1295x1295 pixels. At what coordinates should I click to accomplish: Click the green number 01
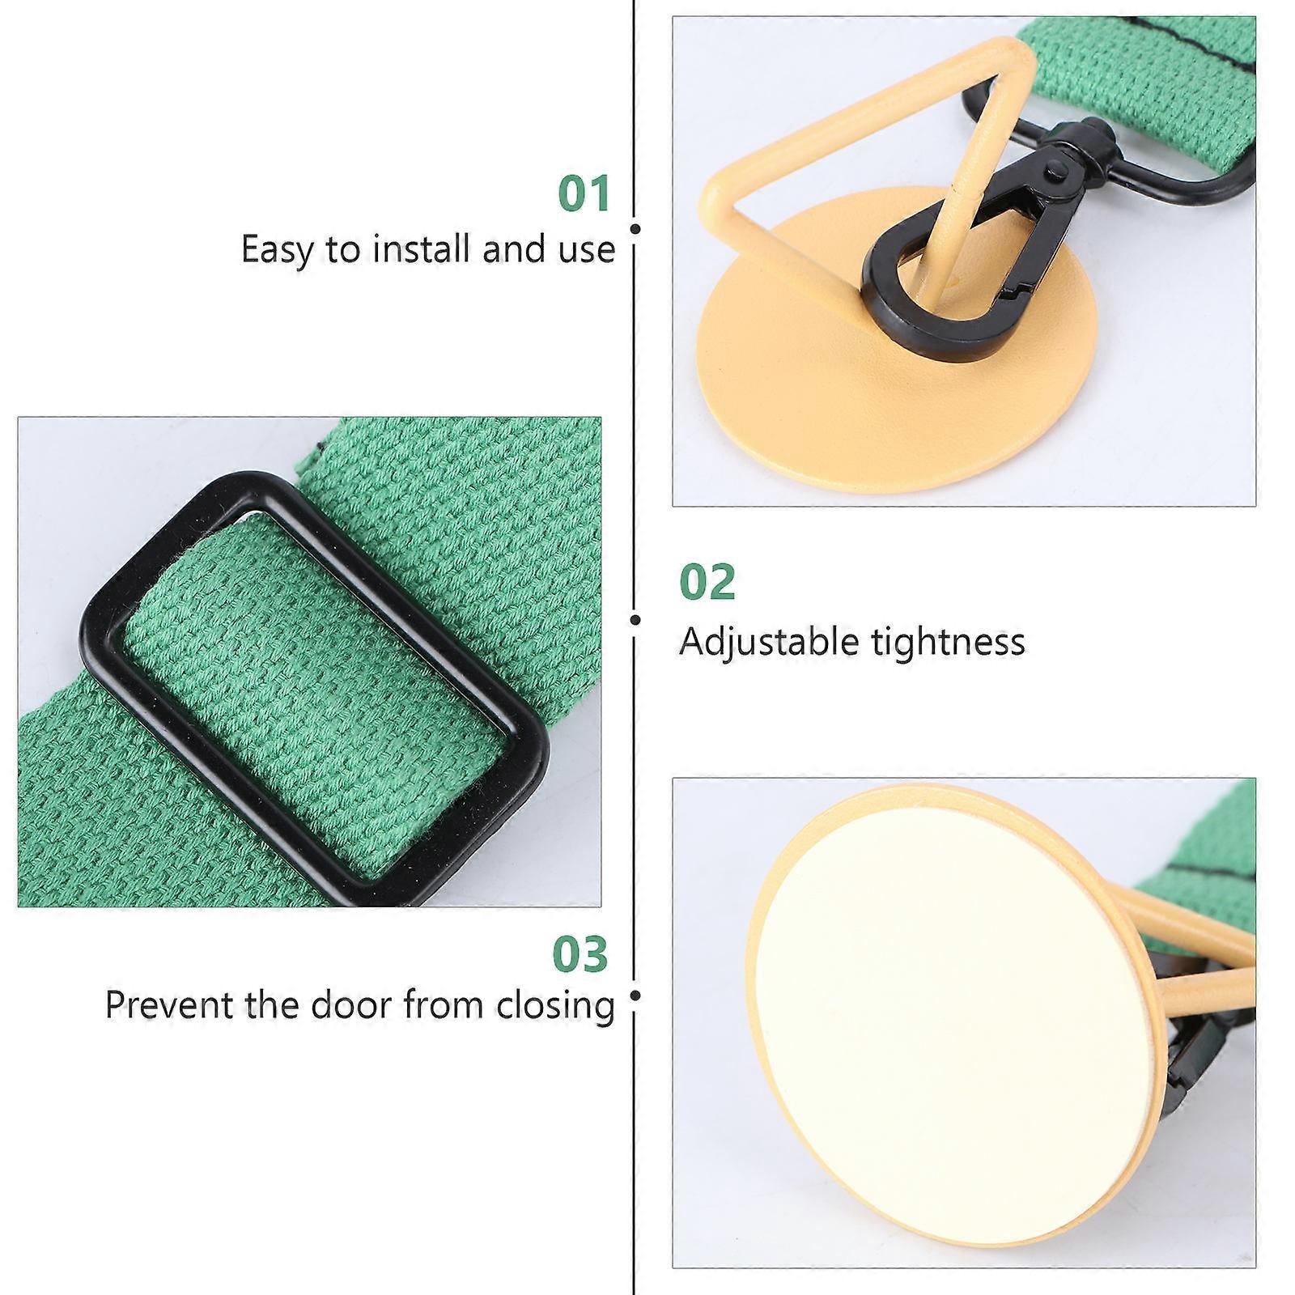click(x=584, y=194)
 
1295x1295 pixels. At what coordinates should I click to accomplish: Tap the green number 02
click(x=707, y=582)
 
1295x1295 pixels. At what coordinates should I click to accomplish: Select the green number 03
click(x=580, y=954)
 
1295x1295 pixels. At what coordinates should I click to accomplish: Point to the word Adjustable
click(x=769, y=643)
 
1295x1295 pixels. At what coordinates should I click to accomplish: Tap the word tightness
click(x=949, y=642)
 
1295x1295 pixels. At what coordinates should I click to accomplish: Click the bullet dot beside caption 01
click(x=635, y=229)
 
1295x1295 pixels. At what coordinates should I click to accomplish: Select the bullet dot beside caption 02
click(x=635, y=620)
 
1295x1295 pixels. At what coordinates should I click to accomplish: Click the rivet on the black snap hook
click(x=1055, y=168)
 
